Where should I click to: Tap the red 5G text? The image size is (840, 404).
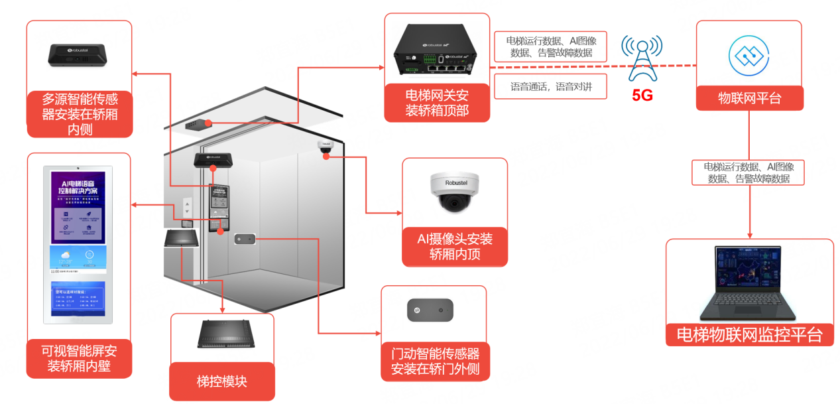click(x=642, y=96)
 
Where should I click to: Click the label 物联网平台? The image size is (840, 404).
click(x=749, y=99)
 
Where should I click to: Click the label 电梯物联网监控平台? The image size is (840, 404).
click(x=749, y=334)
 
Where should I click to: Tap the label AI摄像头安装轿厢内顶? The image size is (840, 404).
click(x=455, y=246)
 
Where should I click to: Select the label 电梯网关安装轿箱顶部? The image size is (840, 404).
click(x=437, y=103)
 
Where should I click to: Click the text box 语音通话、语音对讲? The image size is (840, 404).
click(x=550, y=86)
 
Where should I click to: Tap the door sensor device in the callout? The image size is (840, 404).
click(x=430, y=310)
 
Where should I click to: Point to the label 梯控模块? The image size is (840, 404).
click(x=222, y=381)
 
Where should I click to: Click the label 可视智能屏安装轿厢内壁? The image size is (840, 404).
click(x=79, y=359)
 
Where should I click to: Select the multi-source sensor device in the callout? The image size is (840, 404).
click(x=79, y=54)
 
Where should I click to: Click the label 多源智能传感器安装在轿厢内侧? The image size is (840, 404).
click(x=80, y=113)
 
